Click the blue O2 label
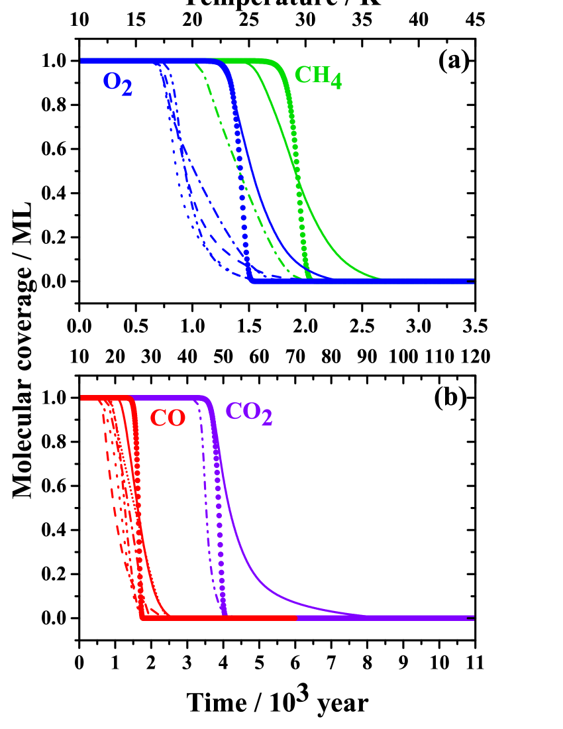coord(117,83)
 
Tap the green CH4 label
coord(317,76)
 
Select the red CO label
coord(167,419)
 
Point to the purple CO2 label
coord(248,413)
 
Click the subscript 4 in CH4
coord(336,82)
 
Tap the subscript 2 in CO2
coord(266,418)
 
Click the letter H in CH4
coord(321,74)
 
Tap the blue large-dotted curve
coord(242,199)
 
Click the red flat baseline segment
coord(219,618)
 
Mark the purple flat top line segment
coord(172,398)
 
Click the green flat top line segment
coord(252,61)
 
